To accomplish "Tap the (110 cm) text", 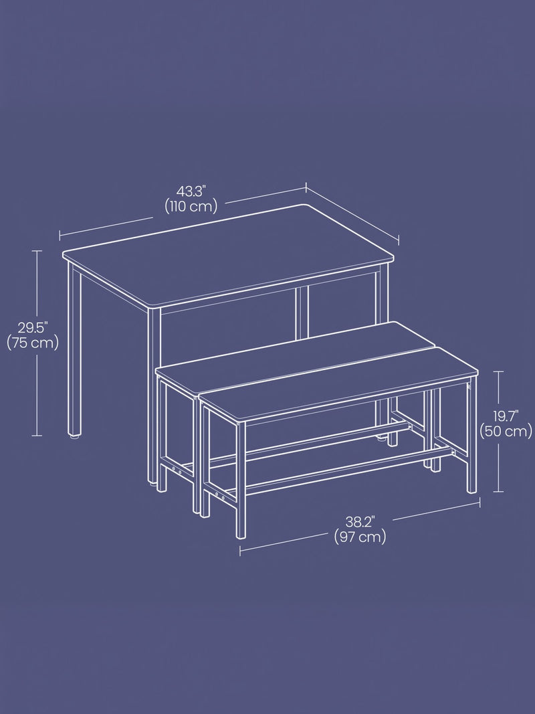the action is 191,207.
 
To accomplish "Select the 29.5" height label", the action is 33,327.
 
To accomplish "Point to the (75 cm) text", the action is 33,343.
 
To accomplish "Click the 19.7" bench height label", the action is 506,416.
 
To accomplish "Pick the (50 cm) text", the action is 506,431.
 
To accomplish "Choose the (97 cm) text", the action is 360,537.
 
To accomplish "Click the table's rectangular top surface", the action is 227,255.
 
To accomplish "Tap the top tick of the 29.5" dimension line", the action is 36,251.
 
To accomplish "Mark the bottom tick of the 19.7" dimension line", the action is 498,491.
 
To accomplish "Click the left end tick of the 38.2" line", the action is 240,551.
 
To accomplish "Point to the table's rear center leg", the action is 302,313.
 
